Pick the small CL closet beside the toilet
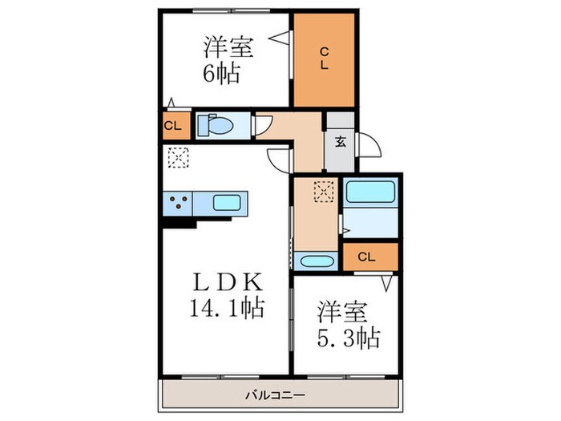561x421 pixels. (173, 126)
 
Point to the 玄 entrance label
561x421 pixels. (340, 143)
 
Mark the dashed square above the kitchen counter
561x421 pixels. (176, 157)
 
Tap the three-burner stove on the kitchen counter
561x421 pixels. (180, 202)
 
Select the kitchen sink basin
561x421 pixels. (229, 202)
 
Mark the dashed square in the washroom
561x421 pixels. (323, 191)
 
